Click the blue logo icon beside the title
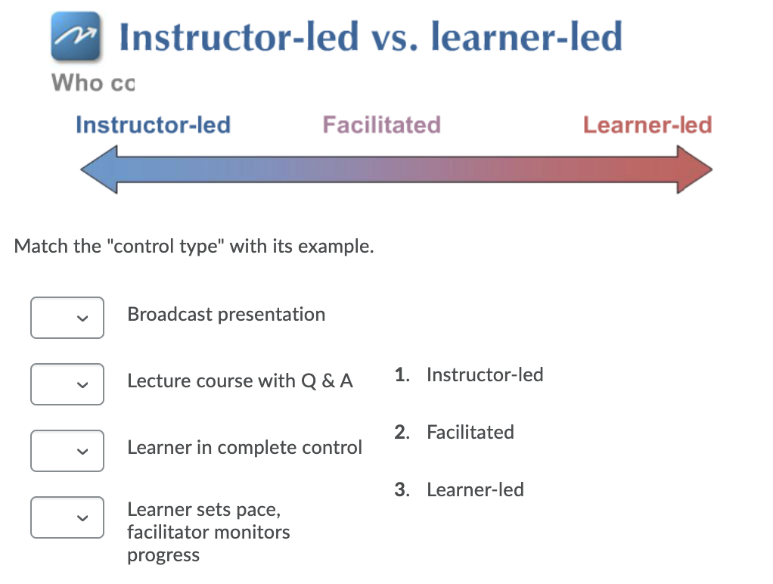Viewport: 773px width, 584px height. (x=76, y=36)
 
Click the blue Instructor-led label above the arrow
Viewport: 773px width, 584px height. (x=153, y=125)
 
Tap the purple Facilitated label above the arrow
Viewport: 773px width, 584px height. (x=381, y=125)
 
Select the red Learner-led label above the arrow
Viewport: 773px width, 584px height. (x=647, y=125)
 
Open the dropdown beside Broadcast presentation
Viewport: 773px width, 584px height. (x=67, y=318)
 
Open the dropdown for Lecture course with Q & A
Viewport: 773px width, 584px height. (x=67, y=384)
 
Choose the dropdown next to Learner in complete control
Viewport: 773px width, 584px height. (x=67, y=451)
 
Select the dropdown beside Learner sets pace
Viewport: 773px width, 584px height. (x=67, y=517)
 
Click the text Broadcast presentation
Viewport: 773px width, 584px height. (x=226, y=315)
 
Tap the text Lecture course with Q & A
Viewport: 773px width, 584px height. (x=240, y=381)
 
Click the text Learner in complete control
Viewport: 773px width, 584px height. (x=244, y=448)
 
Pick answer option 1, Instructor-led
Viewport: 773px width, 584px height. (x=469, y=375)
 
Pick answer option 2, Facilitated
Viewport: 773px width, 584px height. (x=454, y=433)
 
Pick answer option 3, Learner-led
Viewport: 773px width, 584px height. (x=459, y=489)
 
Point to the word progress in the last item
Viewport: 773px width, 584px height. (x=163, y=556)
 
